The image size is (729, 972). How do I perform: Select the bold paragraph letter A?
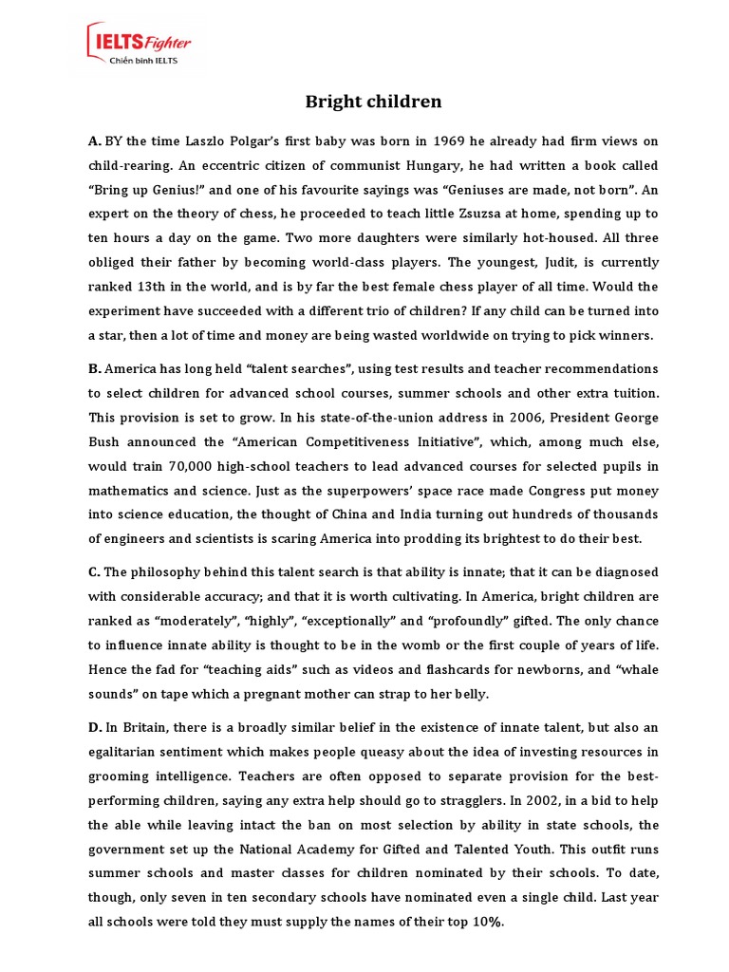click(x=94, y=141)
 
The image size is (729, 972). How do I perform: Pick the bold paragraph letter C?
click(x=94, y=572)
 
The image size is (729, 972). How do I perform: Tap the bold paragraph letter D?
click(x=94, y=727)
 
